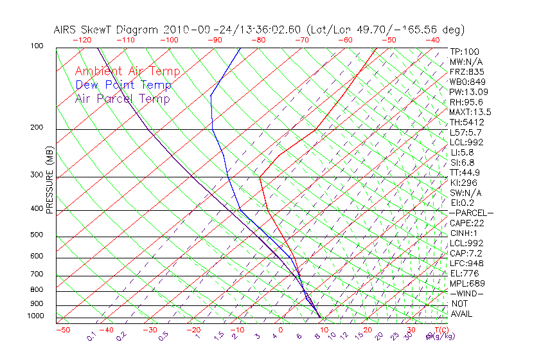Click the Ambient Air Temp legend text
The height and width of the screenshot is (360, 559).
pos(127,71)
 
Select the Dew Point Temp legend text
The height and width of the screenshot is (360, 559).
pos(123,85)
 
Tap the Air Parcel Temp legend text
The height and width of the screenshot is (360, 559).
pos(122,98)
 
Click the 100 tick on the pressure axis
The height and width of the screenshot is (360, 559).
pos(36,46)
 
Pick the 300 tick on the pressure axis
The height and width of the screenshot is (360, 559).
pos(36,175)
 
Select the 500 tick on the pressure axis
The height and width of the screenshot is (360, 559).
pos(36,235)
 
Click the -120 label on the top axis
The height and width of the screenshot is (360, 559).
pos(82,40)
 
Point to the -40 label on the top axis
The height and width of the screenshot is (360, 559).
pos(432,40)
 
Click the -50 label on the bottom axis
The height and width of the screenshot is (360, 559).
pos(62,330)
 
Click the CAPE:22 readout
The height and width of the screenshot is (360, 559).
pos(467,223)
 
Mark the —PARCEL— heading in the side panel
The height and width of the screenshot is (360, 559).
pos(472,213)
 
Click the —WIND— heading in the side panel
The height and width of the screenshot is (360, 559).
pos(468,293)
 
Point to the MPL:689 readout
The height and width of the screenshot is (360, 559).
pos(466,283)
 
